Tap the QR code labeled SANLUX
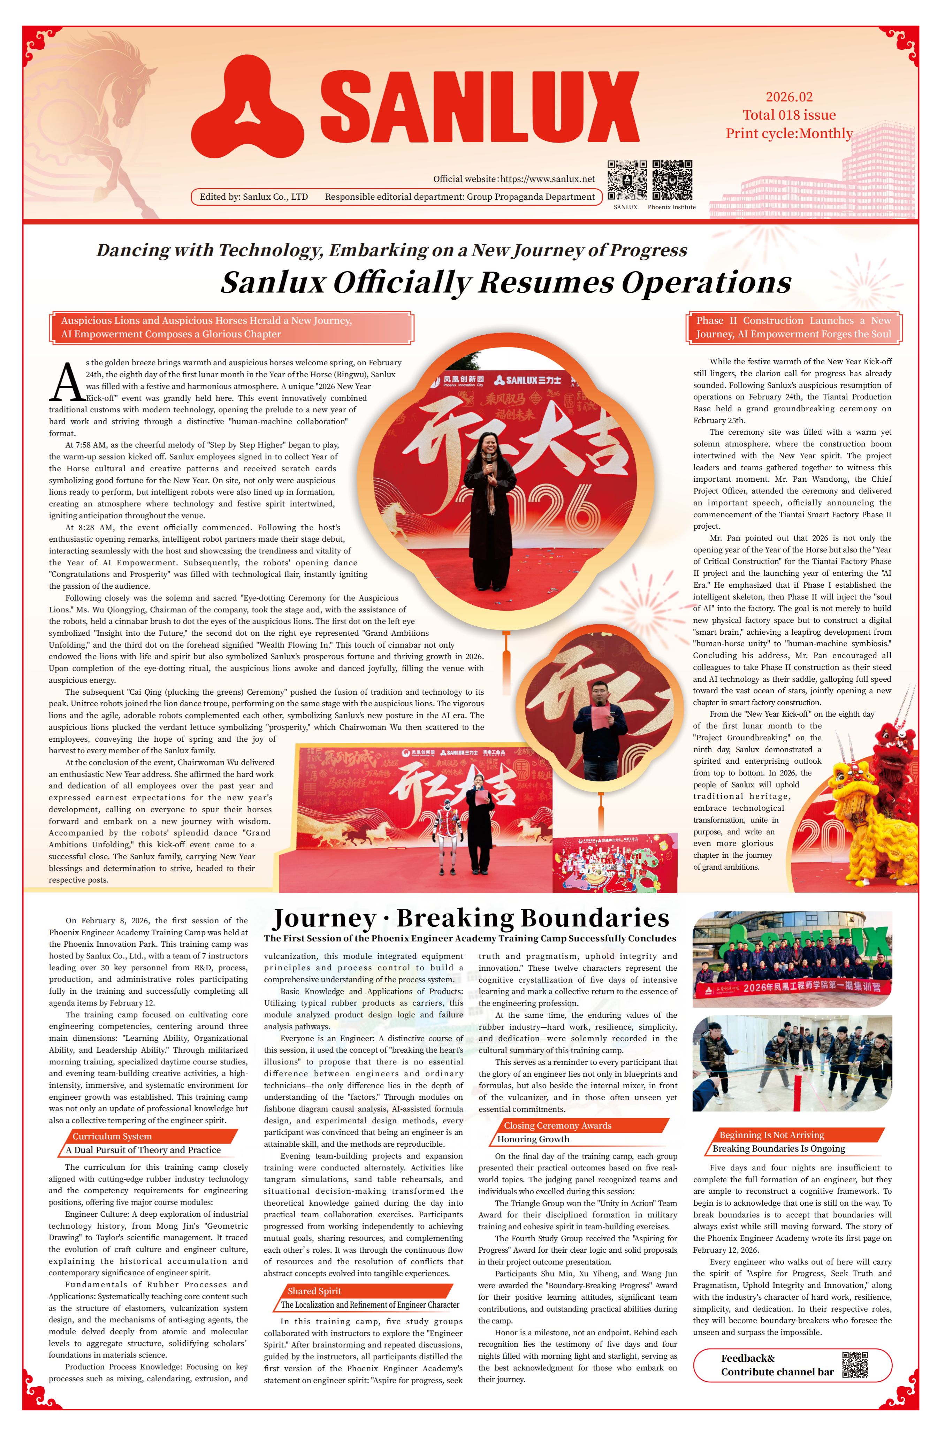(626, 180)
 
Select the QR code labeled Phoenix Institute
(672, 180)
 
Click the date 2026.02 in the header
(789, 97)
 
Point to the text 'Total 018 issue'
(789, 115)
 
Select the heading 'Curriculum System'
(112, 1136)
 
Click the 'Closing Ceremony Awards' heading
(558, 1125)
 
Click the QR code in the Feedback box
(854, 1365)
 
